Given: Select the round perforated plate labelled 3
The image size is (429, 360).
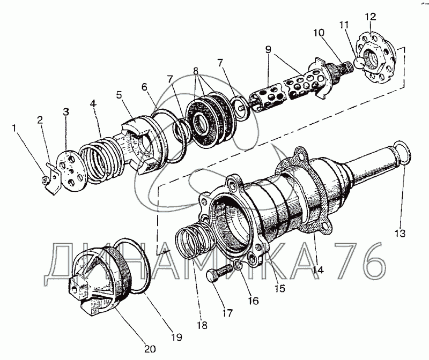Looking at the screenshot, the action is click(71, 171).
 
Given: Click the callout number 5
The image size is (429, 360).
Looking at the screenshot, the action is click(119, 95).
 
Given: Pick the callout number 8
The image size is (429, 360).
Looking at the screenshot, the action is click(196, 71).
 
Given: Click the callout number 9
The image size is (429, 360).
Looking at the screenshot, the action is click(268, 49).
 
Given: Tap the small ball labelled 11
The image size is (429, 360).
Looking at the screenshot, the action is click(359, 63).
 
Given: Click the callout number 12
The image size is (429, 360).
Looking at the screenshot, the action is click(371, 17).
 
